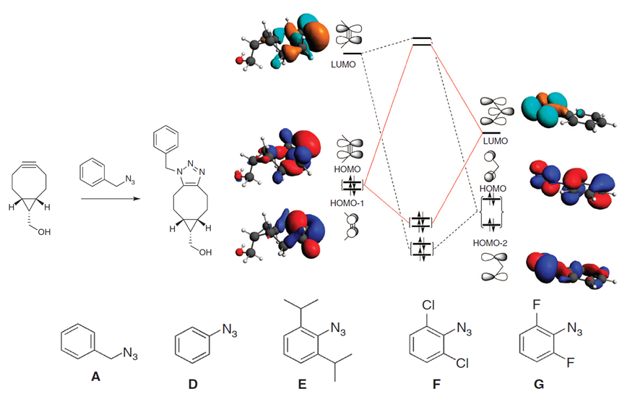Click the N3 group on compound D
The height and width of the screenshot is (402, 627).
pyautogui.click(x=229, y=330)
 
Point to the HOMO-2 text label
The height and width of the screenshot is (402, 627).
pyautogui.click(x=491, y=244)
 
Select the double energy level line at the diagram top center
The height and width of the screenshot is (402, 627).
pyautogui.click(x=421, y=42)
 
